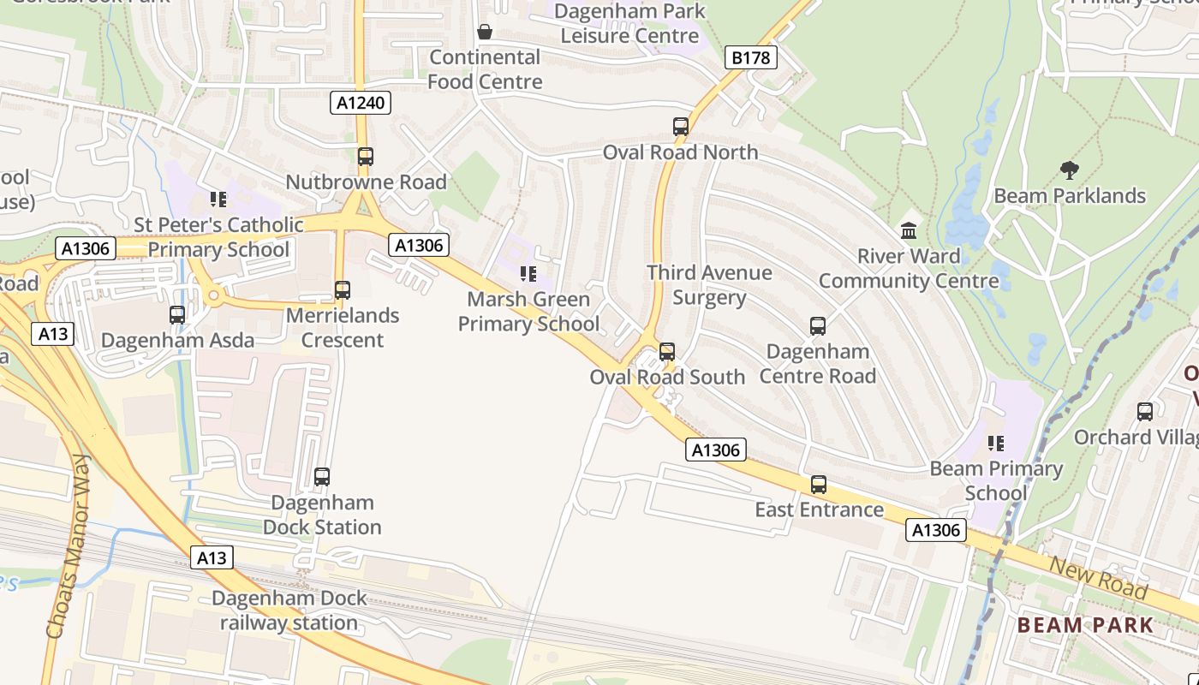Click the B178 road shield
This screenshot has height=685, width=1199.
click(751, 58)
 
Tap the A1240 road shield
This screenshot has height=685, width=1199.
click(361, 104)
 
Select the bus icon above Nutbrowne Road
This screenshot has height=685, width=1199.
click(366, 157)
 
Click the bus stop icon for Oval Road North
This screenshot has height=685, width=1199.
click(681, 127)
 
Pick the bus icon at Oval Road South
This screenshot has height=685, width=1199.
click(667, 352)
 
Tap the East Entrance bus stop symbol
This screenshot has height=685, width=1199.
click(819, 485)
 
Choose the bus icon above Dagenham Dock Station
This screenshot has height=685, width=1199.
click(322, 477)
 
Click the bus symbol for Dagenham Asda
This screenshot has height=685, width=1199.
click(177, 315)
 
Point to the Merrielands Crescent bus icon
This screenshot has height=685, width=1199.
click(343, 290)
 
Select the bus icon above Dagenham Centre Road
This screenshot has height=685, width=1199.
click(818, 326)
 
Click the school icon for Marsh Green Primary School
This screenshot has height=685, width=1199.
click(528, 274)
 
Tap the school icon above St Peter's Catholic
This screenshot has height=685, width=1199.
click(218, 200)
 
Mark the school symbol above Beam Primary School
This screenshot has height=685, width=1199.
click(996, 444)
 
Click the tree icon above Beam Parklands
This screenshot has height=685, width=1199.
click(1069, 170)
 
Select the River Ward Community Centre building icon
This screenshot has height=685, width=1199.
click(909, 231)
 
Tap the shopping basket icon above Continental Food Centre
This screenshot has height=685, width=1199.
click(485, 33)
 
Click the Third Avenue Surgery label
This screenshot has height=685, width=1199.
click(709, 285)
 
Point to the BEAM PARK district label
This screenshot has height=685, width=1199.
click(1086, 625)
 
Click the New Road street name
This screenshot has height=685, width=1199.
click(1099, 579)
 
